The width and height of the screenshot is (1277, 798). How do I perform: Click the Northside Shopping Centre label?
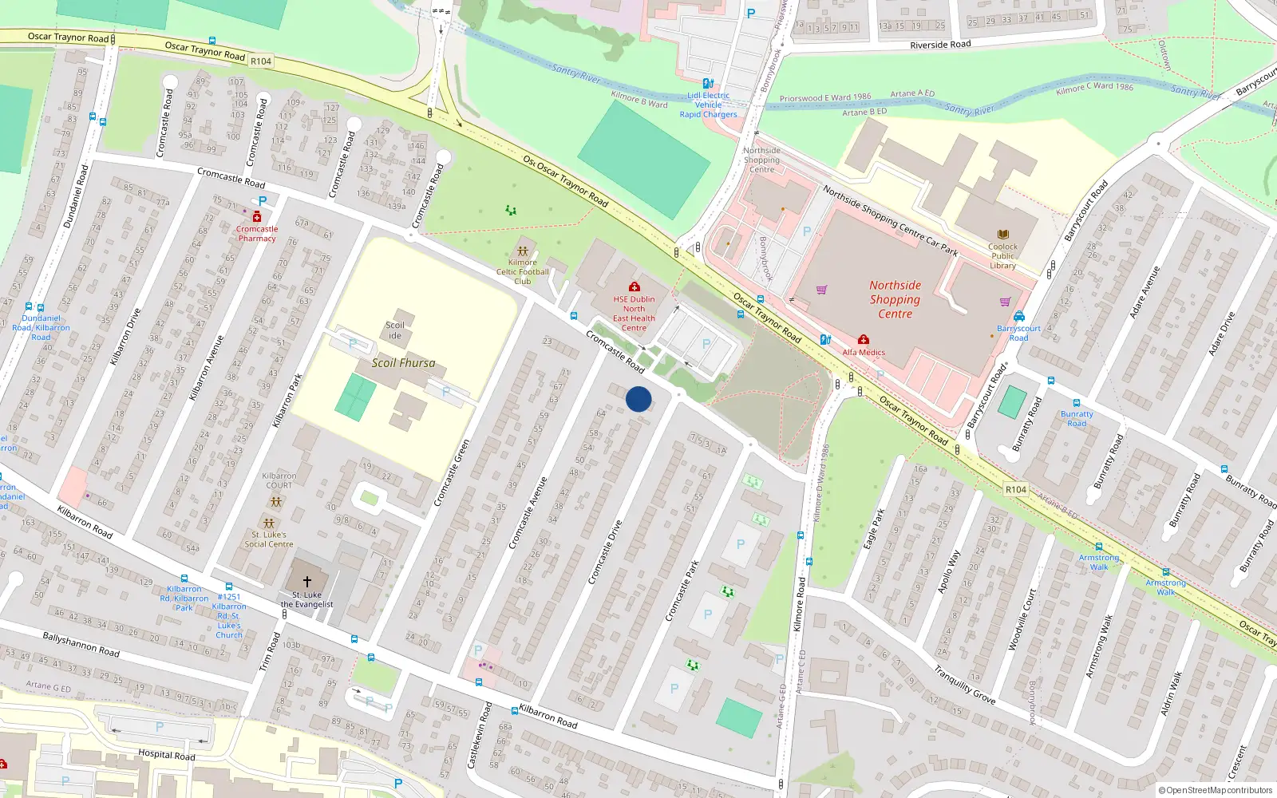coord(895,299)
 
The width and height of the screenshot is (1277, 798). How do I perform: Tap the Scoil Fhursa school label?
coord(403,362)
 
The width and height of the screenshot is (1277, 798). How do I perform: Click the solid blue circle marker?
coord(638,399)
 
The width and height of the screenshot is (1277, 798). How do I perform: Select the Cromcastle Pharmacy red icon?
coord(257,217)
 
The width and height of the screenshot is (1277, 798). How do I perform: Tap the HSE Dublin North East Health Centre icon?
coord(635,287)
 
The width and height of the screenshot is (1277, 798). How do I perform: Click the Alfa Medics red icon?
coord(864,340)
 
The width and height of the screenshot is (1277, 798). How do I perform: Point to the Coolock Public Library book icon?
coord(1003,235)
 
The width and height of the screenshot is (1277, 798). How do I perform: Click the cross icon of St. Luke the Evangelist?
coord(307,582)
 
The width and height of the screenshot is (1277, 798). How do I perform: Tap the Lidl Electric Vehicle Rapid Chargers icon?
coord(708,83)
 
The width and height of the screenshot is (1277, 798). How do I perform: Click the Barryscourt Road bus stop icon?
coord(1019,316)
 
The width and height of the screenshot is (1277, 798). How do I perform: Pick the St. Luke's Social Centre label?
coord(269,539)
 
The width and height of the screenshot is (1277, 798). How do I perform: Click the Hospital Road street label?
coord(166,754)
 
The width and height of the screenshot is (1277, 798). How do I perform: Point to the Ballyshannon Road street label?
coord(81,644)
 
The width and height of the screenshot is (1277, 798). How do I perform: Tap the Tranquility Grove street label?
coord(965,685)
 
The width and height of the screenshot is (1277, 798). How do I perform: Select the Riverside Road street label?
coord(940,45)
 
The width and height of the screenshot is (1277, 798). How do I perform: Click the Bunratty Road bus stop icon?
coord(1077,404)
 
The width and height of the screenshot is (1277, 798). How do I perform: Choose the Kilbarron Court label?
coord(279,480)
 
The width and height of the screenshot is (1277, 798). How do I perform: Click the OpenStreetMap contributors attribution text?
coord(1216,790)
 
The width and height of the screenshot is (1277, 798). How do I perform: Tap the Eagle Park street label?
coord(874,528)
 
